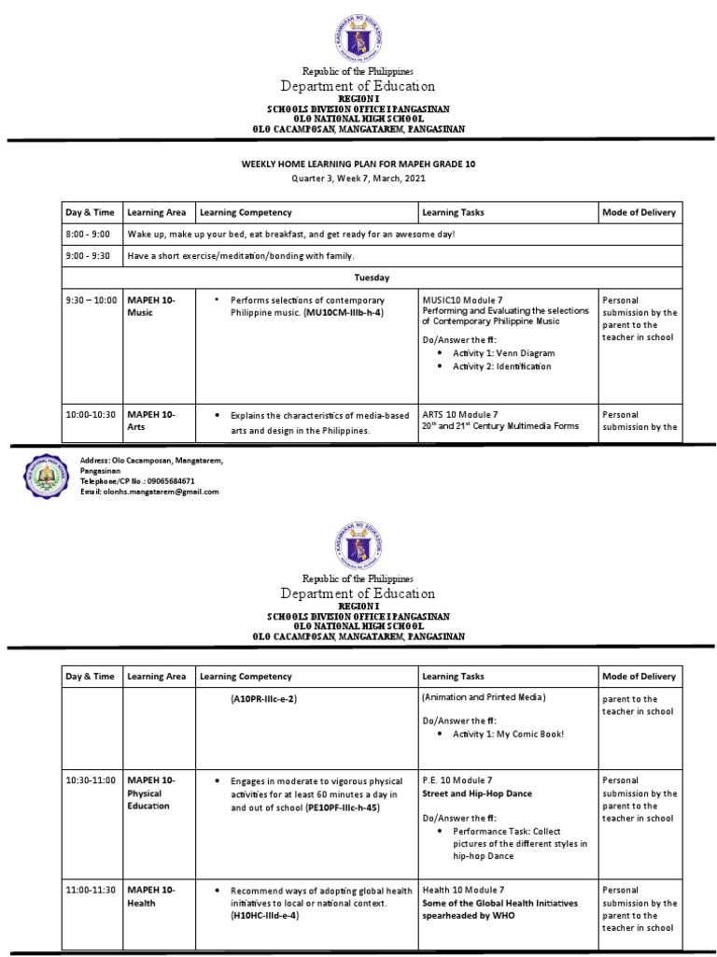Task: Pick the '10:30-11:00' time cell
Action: pyautogui.click(x=91, y=779)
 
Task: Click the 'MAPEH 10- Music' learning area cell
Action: pyautogui.click(x=149, y=306)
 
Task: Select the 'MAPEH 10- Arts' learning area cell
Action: pyautogui.click(x=149, y=420)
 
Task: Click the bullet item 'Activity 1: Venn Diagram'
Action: pyautogui.click(x=503, y=354)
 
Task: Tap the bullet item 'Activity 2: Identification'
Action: pyautogui.click(x=501, y=366)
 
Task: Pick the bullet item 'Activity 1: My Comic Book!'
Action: pyautogui.click(x=508, y=734)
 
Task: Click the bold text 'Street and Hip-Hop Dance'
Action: pyautogui.click(x=477, y=793)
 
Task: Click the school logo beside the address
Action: pyautogui.click(x=46, y=476)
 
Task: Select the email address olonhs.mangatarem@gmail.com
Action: pyautogui.click(x=149, y=492)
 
